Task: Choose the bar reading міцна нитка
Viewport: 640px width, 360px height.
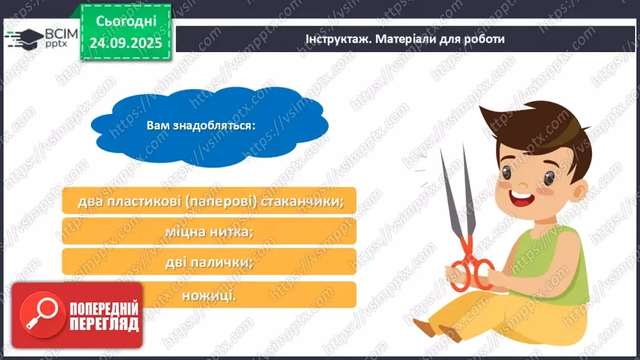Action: [208, 231]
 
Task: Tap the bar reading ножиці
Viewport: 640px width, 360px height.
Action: [208, 295]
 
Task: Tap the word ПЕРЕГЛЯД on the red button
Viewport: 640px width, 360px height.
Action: [103, 324]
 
